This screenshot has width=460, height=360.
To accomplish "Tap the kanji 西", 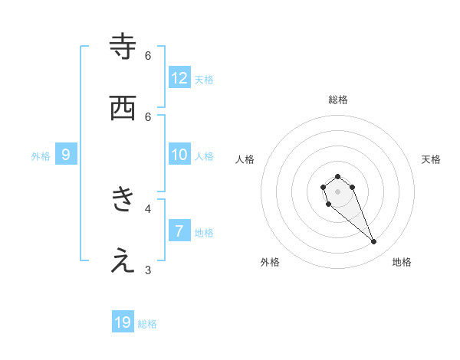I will click(123, 108).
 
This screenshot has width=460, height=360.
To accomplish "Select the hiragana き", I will click(123, 200).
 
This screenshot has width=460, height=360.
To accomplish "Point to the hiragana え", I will click(123, 261).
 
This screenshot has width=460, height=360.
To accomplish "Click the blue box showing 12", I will click(179, 78).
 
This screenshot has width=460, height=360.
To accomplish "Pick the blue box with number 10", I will click(179, 155).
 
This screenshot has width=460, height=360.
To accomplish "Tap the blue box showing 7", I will click(179, 231).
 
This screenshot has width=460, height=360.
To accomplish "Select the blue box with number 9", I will click(66, 155).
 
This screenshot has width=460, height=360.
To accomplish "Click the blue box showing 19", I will click(123, 322).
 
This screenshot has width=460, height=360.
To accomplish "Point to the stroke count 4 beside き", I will click(148, 208).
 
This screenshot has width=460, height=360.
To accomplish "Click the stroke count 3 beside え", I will click(148, 269).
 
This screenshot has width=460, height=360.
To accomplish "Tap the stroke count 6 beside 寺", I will click(148, 55).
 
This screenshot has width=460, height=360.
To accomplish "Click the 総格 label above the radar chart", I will click(337, 100).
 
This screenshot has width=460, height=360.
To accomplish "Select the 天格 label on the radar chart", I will click(431, 159).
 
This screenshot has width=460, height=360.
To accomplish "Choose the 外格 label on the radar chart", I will click(270, 262).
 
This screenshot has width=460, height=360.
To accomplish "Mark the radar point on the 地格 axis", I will click(374, 242).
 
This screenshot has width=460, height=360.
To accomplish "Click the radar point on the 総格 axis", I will click(337, 176).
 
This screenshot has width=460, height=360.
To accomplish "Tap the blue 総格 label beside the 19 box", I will click(147, 324).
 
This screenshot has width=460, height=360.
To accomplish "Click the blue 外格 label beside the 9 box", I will click(41, 155).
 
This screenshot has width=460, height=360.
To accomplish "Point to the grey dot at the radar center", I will click(337, 191).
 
